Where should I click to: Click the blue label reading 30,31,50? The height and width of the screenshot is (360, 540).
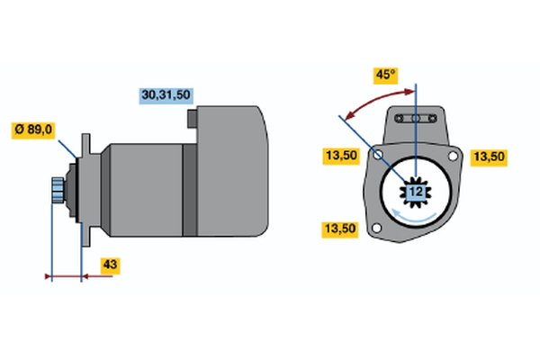pyautogui.click(x=166, y=94)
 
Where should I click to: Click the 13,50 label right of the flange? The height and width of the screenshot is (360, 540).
pyautogui.click(x=489, y=157)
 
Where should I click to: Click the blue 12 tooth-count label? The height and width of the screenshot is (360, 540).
pyautogui.click(x=415, y=192)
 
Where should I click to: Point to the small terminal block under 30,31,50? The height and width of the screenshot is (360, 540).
pyautogui.click(x=192, y=117)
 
